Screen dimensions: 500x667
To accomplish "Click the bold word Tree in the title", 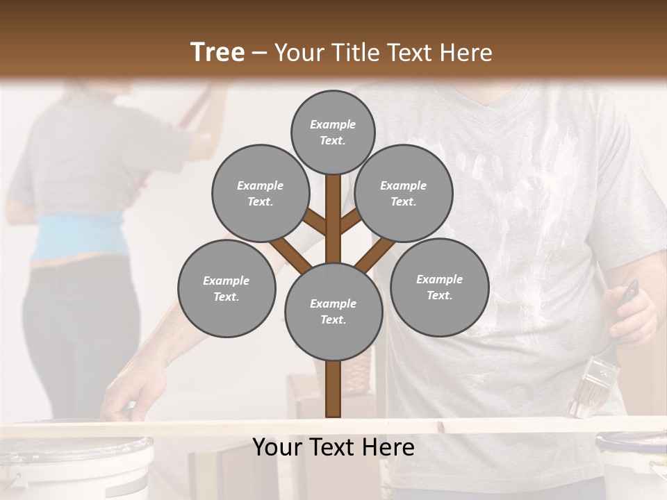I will coord(217,52).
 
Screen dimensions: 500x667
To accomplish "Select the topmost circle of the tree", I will coord(333,132).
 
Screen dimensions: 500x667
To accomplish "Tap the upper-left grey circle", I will coord(260,193).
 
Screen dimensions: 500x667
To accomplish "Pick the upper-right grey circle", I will coord(404,193).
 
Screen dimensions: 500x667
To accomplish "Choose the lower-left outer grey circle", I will coord(227,288).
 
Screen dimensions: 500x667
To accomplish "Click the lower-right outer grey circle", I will coord(439,287).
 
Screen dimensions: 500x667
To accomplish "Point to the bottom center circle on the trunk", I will coord(333,311).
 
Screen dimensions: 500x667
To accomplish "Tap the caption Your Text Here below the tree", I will coord(333,447).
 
